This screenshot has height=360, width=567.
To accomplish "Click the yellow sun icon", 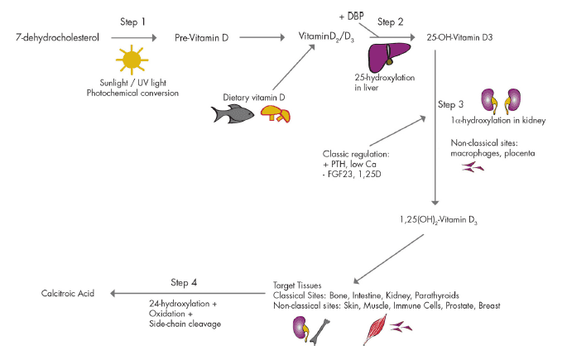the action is [132, 60].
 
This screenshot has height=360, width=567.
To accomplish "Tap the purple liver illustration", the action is [389, 57].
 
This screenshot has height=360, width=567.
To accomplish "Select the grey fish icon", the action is [233, 114].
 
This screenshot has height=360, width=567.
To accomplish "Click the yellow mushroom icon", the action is [276, 114].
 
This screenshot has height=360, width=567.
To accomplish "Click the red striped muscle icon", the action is [375, 329].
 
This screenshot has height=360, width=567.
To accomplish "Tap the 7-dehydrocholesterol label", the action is [57, 37].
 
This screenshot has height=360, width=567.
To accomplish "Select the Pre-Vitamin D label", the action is [201, 37].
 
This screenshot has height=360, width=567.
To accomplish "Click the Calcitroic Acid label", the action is [68, 293].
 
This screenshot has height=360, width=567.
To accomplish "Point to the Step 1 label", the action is [132, 22].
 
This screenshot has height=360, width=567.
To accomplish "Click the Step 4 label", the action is [184, 282].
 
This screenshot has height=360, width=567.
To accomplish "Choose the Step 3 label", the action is [450, 104].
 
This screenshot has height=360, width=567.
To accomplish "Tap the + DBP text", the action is [352, 17].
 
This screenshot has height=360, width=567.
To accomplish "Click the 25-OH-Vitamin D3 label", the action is [459, 37].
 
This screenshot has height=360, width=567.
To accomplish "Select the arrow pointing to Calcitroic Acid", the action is [188, 294].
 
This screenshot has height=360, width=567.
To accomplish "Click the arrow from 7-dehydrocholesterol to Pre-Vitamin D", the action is [134, 37].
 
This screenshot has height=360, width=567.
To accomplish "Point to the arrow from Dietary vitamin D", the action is [294, 67].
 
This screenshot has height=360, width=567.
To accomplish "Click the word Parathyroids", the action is [437, 295].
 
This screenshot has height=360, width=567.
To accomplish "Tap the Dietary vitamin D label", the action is [254, 97].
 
